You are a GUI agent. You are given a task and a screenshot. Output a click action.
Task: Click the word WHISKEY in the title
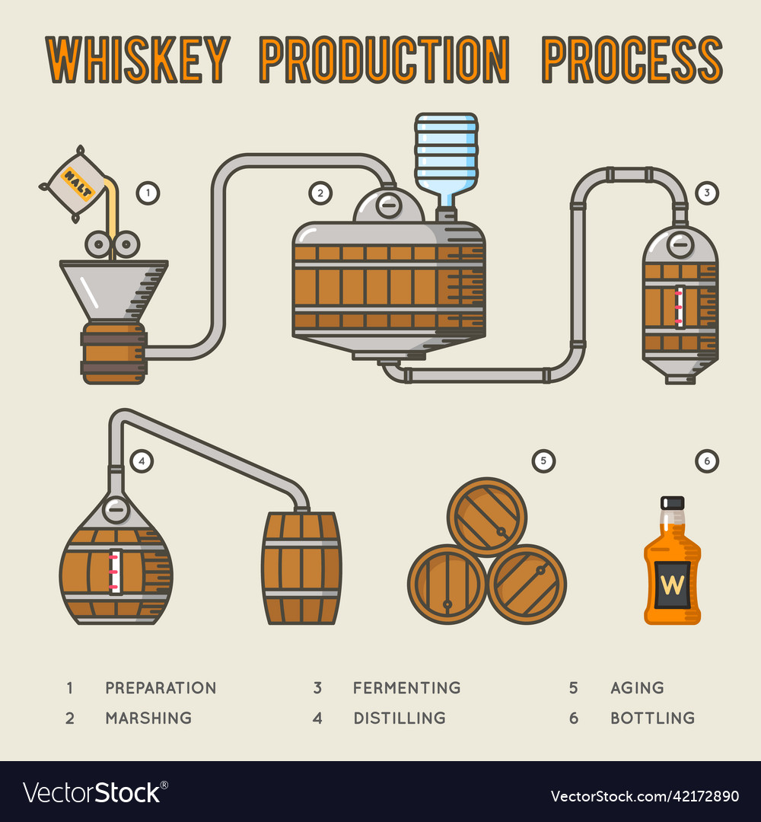[x=138, y=59]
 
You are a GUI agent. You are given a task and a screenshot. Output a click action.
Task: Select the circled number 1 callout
[x=148, y=193]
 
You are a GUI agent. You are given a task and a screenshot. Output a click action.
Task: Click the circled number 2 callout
[x=320, y=193]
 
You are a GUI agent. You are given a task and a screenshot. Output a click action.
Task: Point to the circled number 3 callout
[x=707, y=193]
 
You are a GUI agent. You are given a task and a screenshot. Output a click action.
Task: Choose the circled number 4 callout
[x=141, y=460]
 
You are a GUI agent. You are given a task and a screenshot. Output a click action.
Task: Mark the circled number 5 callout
[x=543, y=460]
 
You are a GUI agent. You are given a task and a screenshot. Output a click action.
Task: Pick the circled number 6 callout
[x=707, y=460]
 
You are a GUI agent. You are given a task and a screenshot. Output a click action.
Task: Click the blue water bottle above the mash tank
[x=446, y=156]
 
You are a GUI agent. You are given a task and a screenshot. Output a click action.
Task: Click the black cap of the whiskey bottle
[x=672, y=503]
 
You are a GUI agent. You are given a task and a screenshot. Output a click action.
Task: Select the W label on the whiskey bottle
[x=672, y=585]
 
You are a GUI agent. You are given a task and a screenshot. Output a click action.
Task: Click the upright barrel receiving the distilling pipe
[x=301, y=568]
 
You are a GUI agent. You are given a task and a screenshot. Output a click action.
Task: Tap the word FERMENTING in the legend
[x=406, y=688]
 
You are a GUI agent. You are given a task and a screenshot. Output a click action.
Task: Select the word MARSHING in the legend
[x=148, y=718]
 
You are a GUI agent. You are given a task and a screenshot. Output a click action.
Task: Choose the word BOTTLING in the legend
[x=652, y=718]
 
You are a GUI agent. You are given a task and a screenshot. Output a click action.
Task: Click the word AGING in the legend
[x=637, y=688]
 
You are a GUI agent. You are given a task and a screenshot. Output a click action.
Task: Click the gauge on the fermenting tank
[x=680, y=306]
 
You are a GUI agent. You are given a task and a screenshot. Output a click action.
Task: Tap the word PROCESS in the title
[x=632, y=59]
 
